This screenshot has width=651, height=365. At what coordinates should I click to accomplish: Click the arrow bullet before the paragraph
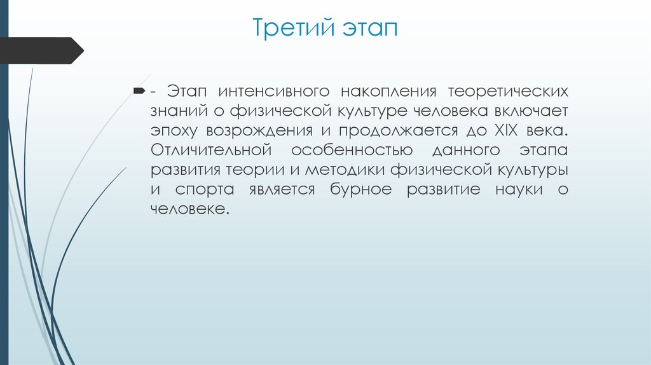tap(139, 92)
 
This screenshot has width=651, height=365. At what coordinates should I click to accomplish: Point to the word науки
tap(517, 190)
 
